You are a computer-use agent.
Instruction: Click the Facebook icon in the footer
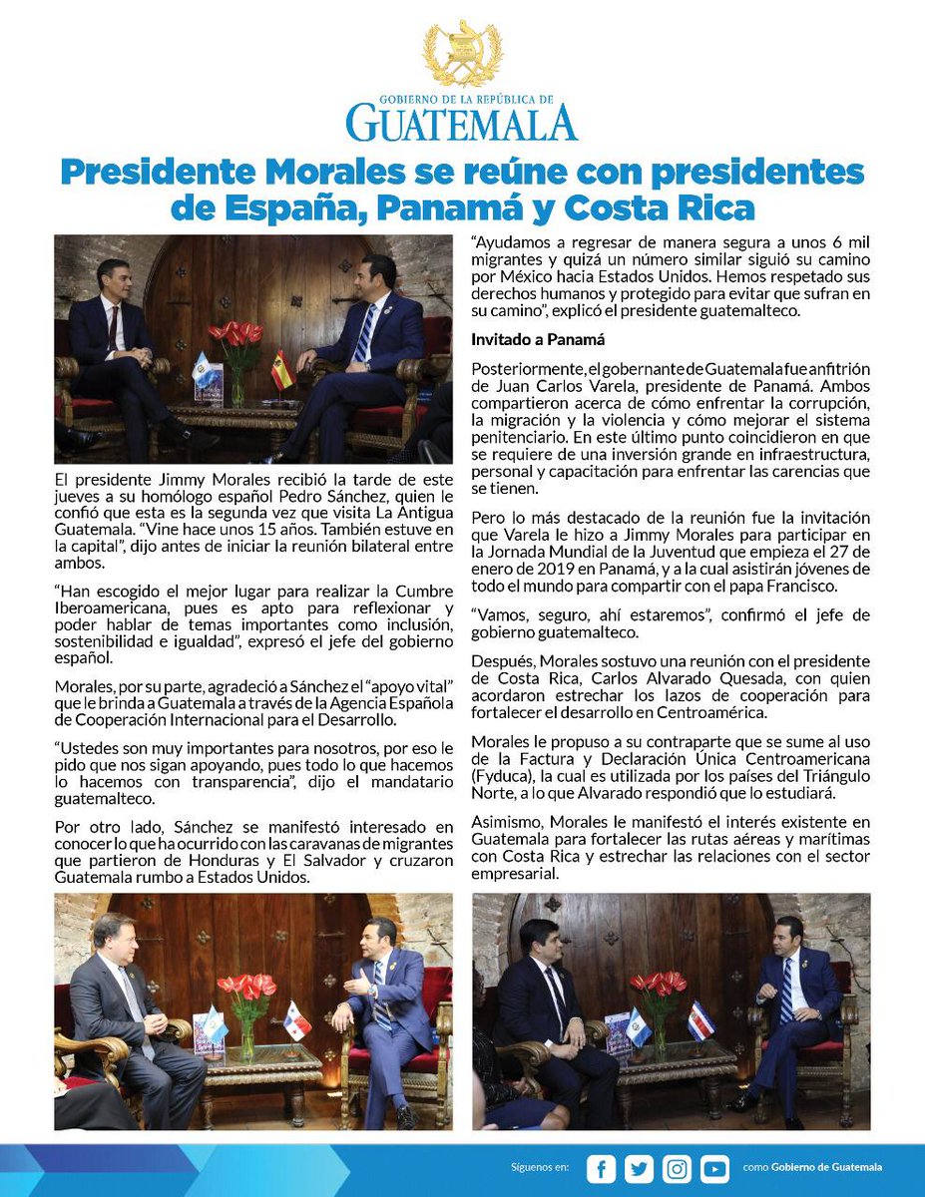click(x=601, y=1168)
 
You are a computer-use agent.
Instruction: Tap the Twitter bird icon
click(x=639, y=1168)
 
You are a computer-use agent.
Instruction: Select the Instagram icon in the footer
click(x=677, y=1168)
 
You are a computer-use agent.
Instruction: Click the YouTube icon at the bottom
click(x=714, y=1168)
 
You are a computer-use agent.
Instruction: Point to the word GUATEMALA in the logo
click(x=462, y=123)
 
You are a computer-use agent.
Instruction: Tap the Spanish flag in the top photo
click(x=282, y=370)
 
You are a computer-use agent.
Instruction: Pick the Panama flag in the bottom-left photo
click(x=296, y=1021)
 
